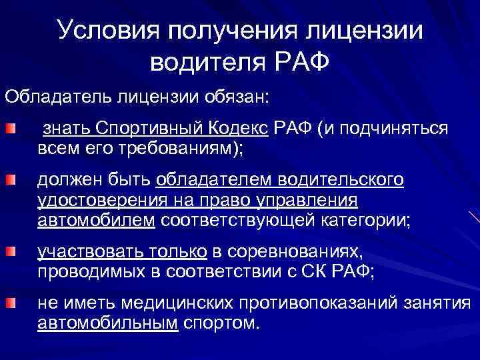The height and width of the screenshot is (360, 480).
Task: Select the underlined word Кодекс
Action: coord(242,128)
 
